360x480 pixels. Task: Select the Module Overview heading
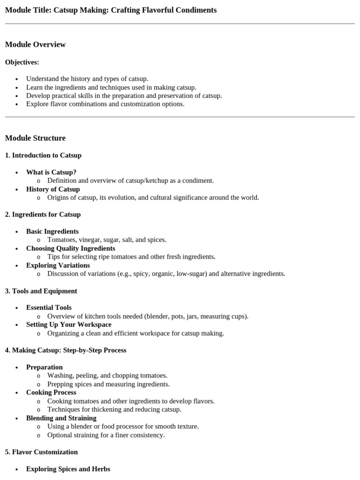coord(35,45)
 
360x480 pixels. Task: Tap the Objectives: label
coord(22,62)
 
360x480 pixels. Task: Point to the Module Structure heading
coord(35,138)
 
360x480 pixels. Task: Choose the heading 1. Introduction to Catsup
coord(43,155)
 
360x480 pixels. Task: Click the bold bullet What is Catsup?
coord(51,172)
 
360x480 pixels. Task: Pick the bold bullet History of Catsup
coord(53,189)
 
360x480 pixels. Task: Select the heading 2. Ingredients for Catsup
coord(43,214)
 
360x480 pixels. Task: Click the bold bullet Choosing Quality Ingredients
coord(70,248)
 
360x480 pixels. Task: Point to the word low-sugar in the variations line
coord(190,274)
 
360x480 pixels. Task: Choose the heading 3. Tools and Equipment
coord(41,291)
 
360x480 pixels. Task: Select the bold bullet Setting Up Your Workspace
coord(69,324)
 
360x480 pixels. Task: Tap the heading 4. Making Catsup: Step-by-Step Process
coord(66,350)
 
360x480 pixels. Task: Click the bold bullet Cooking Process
coord(51,392)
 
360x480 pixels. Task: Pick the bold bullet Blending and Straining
coord(61,418)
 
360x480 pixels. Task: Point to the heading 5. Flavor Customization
coord(41,452)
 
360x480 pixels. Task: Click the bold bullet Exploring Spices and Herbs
coord(68,469)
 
